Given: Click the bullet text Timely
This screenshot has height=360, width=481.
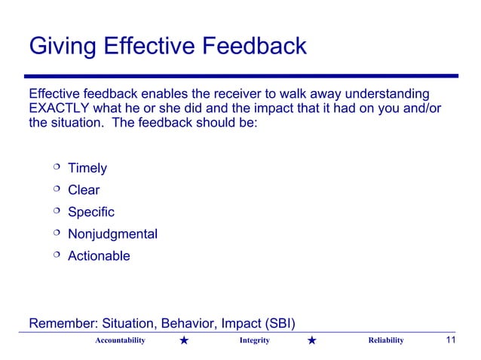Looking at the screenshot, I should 87,169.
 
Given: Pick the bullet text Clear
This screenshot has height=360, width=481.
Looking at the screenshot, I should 84,191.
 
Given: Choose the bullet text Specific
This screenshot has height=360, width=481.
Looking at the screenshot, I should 91,212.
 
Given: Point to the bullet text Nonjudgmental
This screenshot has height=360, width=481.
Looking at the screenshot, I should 112,234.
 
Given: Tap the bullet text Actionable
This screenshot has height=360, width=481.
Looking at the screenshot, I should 99,256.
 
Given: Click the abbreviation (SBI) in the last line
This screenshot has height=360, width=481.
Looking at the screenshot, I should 277,325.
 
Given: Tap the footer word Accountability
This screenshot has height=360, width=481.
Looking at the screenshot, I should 120,341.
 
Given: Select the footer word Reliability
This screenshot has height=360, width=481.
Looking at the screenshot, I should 385,341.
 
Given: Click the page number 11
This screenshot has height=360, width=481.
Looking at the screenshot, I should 451,340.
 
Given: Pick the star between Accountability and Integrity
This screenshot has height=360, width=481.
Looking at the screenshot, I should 185,342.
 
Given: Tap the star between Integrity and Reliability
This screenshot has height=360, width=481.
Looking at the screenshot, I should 314,342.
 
